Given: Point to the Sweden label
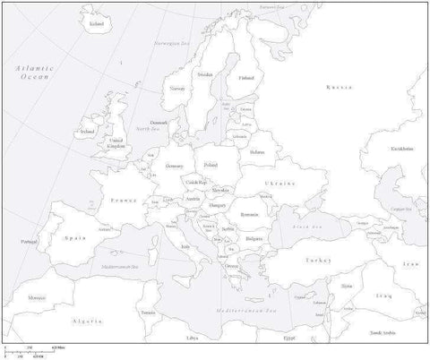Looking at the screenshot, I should tap(206, 74).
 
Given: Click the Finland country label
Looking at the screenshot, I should tap(246, 78).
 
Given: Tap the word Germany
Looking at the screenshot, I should tap(175, 167).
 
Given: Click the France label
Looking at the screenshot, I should tap(122, 201).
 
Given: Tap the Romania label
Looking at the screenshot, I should tap(249, 215).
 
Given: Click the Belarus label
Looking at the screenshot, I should tap(258, 152).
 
